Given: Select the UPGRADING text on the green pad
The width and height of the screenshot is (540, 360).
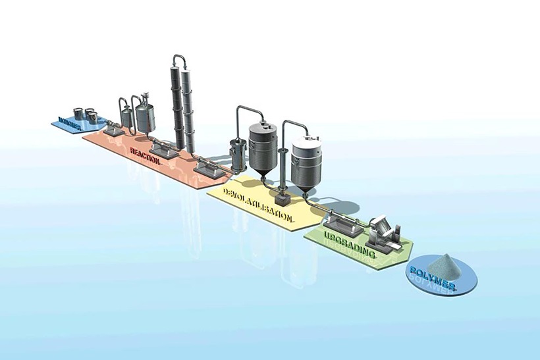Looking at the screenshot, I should tap(350, 244).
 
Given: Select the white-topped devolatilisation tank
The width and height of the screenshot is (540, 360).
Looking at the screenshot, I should tap(306, 157).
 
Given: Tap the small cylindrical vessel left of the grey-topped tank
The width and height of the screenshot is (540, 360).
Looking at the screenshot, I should tap(236, 154).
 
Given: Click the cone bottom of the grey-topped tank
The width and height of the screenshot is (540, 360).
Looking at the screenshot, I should tap(263, 176).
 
